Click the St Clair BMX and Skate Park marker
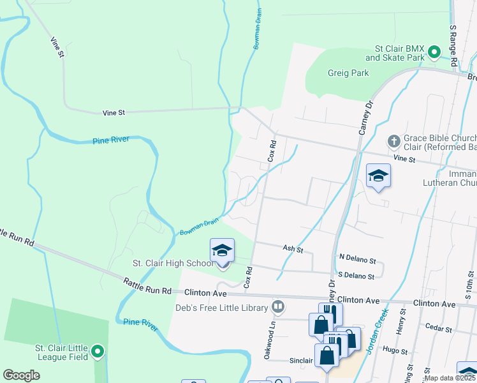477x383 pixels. click(435, 52)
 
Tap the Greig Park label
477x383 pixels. click(348, 73)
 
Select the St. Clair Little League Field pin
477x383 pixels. click(98, 351)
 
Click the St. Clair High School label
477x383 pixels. click(173, 263)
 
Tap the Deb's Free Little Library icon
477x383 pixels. click(278, 307)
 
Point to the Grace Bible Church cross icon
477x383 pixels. click(393, 140)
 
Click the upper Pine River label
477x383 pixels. click(111, 140)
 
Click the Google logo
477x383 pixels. click(21, 375)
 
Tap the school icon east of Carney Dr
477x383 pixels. click(378, 176)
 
